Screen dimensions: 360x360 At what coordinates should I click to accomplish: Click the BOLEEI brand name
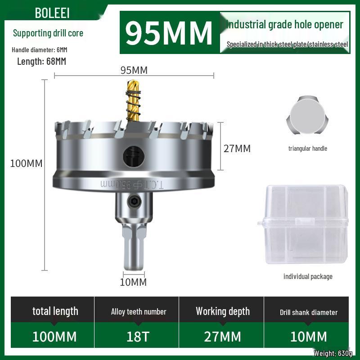point(52,13)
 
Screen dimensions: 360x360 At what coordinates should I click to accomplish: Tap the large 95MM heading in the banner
point(168,32)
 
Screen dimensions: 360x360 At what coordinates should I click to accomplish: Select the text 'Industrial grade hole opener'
point(285,24)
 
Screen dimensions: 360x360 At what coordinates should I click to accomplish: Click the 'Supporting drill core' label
point(48,33)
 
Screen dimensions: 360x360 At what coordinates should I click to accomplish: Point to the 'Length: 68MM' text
point(41,62)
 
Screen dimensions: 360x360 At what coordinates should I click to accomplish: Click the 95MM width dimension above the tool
point(134,70)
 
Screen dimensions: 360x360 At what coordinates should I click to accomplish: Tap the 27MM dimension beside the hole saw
point(237,148)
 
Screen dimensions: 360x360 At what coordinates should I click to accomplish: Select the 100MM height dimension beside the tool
point(27,163)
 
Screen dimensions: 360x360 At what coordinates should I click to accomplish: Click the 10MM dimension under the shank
point(134,282)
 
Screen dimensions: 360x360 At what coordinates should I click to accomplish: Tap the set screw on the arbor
point(133,203)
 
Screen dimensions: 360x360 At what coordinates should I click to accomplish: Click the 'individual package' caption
point(308,276)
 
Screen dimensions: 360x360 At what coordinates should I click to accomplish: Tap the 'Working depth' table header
point(223,311)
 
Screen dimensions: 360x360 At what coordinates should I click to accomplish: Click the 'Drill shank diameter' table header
point(308,312)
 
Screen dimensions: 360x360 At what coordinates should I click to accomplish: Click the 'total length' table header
point(55,311)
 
